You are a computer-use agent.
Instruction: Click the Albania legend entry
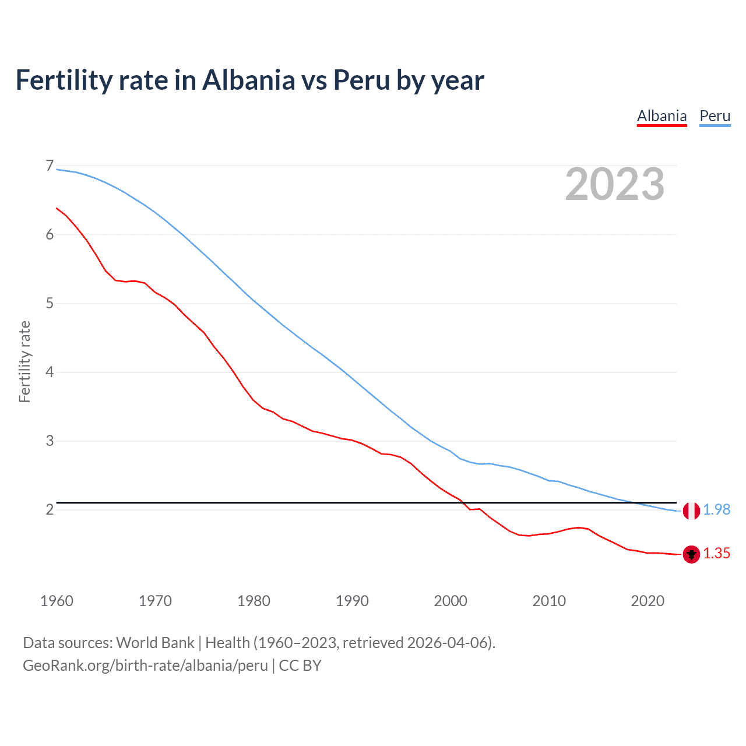[661, 116]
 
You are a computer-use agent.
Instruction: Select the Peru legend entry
[715, 116]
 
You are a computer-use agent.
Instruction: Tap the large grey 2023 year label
[614, 184]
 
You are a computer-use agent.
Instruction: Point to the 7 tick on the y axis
[50, 166]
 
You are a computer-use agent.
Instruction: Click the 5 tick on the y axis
[50, 303]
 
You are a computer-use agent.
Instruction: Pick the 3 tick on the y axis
[50, 441]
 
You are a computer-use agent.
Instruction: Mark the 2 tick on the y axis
[50, 509]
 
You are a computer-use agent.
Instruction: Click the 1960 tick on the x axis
[57, 601]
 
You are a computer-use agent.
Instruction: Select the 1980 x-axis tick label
[254, 601]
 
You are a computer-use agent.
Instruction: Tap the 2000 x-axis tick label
[451, 601]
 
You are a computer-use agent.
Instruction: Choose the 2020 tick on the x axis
[648, 601]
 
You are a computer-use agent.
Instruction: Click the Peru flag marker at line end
[691, 511]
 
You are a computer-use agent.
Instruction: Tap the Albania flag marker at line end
[691, 554]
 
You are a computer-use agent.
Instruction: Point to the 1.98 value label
[716, 509]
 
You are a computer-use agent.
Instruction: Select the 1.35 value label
[716, 554]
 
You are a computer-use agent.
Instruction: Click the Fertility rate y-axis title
[24, 361]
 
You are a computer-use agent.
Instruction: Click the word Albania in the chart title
[249, 80]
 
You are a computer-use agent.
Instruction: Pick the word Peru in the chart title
[361, 80]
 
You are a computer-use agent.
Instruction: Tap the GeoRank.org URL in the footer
[145, 666]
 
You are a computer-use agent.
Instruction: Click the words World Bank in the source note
[155, 643]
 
